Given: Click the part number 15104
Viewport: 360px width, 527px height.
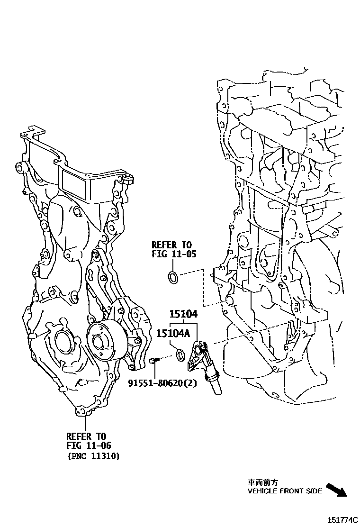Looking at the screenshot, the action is click(184, 314).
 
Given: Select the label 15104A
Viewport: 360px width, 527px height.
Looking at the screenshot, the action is click(173, 334).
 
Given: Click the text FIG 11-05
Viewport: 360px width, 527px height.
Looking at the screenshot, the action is click(174, 254).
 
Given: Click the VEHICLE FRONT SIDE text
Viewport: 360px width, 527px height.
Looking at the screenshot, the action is click(285, 491).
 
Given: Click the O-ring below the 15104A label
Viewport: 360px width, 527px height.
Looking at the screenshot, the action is click(180, 354).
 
